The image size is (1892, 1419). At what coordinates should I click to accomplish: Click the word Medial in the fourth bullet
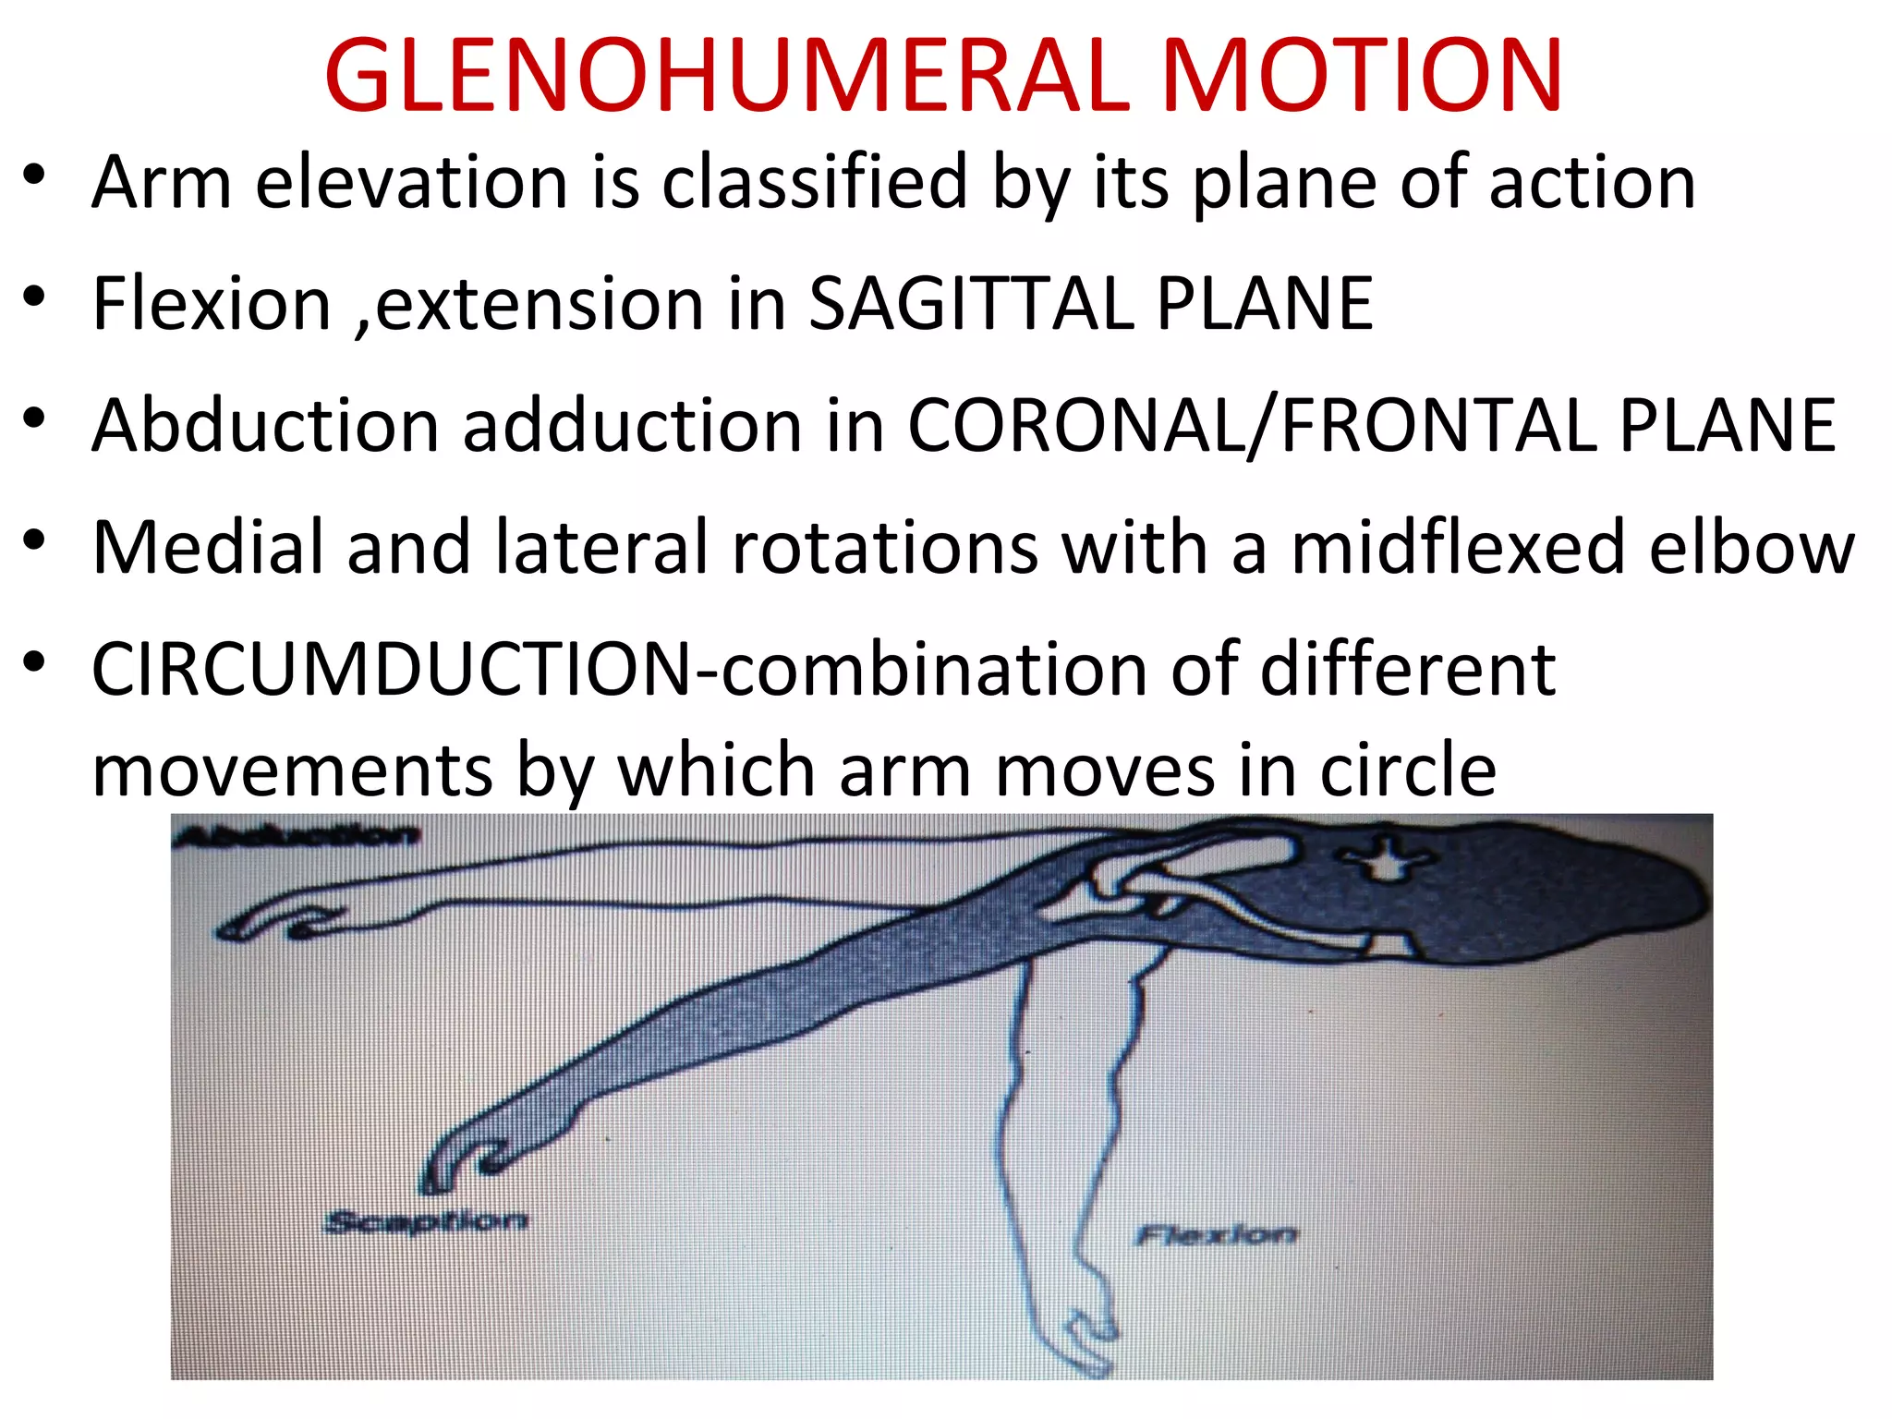[208, 547]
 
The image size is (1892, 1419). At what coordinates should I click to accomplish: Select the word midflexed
[1458, 547]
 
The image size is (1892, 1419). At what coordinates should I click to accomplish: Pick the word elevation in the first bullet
[411, 182]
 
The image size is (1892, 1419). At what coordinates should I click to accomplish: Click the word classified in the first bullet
[814, 182]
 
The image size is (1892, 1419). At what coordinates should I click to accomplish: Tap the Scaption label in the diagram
[426, 1221]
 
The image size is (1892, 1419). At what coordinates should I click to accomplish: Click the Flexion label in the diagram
[1216, 1234]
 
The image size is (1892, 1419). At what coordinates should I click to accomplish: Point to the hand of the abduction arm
[268, 924]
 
